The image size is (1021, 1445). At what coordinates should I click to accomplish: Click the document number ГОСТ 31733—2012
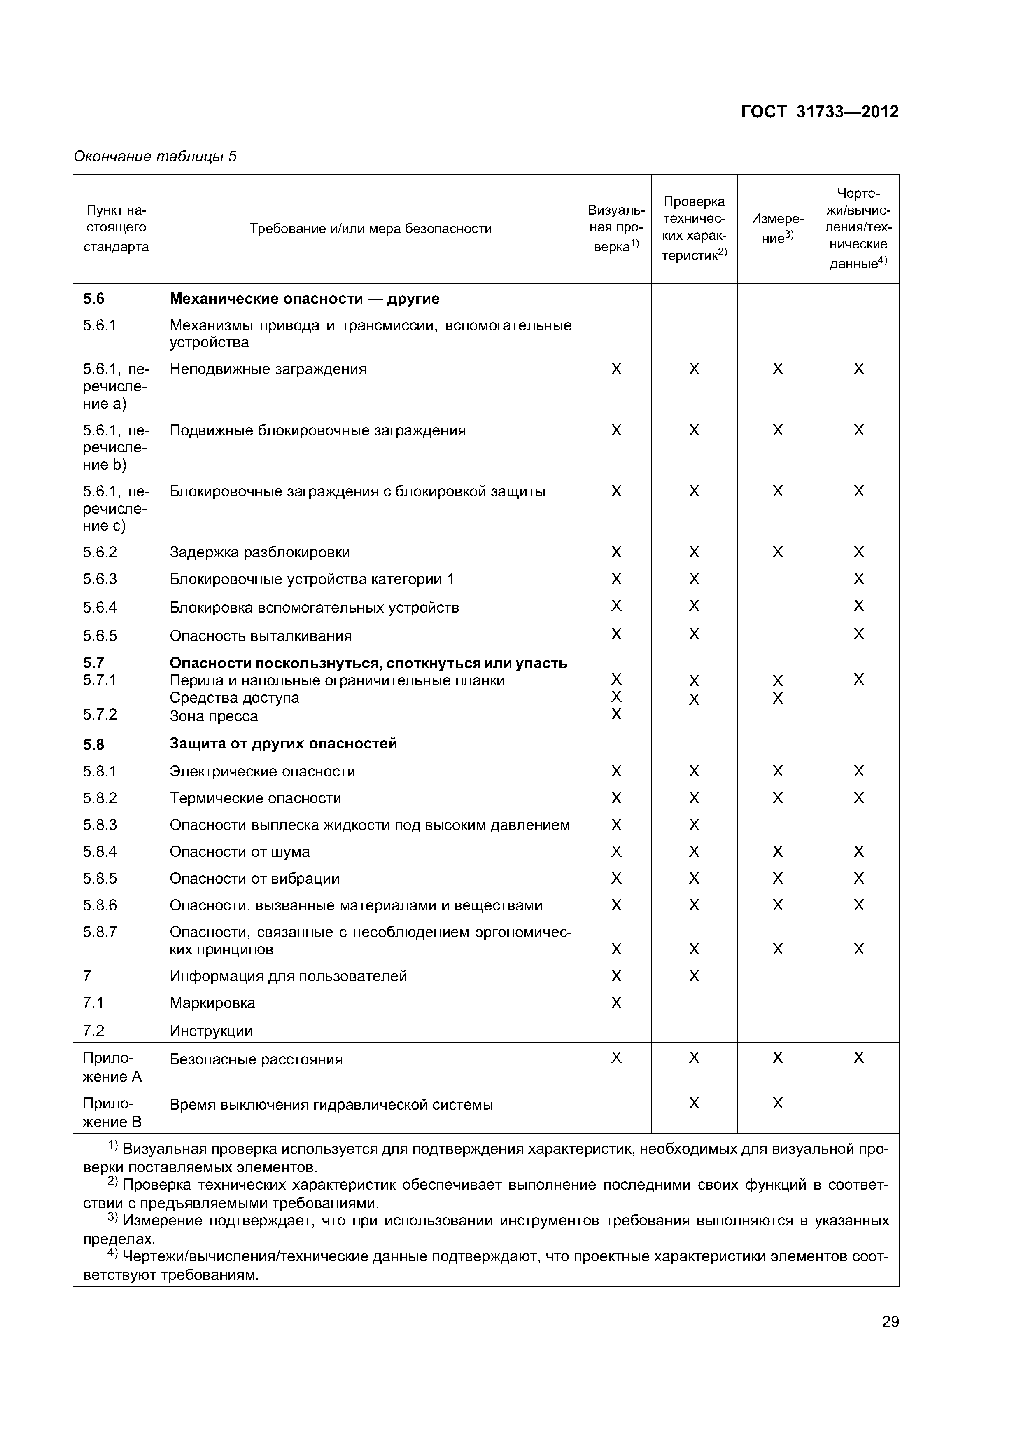820,112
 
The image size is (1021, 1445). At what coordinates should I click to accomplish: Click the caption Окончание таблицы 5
155,157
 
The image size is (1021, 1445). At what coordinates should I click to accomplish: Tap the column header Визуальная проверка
616,229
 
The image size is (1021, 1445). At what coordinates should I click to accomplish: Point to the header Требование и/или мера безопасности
371,229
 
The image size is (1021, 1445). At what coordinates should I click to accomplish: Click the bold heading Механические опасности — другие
305,298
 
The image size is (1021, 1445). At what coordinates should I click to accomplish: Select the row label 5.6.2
100,552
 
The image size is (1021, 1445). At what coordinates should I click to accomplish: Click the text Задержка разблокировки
260,552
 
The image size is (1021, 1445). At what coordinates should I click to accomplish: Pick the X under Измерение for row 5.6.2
778,552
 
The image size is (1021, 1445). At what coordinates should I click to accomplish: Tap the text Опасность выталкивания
261,636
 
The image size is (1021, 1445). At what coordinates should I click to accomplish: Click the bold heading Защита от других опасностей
283,743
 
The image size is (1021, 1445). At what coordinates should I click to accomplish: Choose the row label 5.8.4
100,851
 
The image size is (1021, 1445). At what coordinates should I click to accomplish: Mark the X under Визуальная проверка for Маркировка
616,1003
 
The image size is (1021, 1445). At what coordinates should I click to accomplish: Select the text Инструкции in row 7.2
211,1031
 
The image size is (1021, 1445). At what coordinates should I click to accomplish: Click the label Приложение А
112,1067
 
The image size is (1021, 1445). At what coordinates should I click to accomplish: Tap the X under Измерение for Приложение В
778,1103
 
